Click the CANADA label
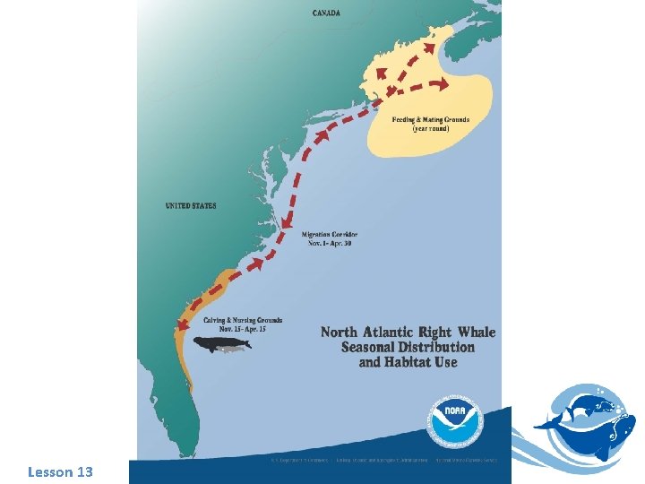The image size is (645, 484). coord(325,13)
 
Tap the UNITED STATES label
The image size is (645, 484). coord(191,206)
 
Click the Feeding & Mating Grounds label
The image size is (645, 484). coord(430,120)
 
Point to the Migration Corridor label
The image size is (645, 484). coord(331,235)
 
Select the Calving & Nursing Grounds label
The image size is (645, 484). coord(244,320)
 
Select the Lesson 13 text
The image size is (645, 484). coord(60,471)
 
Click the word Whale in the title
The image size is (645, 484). coord(470,333)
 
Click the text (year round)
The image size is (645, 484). coord(430,129)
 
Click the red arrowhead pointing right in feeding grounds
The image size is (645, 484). coord(443,86)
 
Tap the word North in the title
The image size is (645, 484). coord(340,333)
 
